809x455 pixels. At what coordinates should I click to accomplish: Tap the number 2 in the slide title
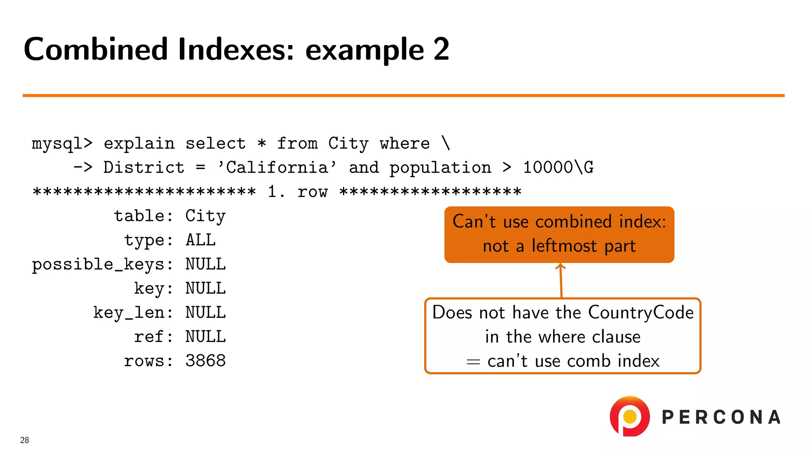coord(441,49)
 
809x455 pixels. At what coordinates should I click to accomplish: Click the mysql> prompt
coord(62,144)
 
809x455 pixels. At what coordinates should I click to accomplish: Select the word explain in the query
coord(139,144)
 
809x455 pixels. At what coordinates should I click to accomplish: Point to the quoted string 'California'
coord(277,168)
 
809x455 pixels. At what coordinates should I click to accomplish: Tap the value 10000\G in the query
coord(558,168)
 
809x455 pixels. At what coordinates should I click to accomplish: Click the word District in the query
coord(144,168)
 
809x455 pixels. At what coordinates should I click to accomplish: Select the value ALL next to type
coord(201,240)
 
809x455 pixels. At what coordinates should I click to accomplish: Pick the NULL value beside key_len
coord(205,313)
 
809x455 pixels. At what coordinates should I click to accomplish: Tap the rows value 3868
coord(205,361)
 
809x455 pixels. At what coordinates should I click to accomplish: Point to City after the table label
coord(205,216)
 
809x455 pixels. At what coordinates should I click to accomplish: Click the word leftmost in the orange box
coord(564,246)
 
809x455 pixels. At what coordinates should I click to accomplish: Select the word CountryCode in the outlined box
coord(641,312)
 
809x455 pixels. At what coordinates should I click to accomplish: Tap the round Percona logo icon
coord(630,416)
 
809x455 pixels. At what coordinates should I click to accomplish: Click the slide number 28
coord(24,440)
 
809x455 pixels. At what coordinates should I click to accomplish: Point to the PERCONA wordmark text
coord(721,417)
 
